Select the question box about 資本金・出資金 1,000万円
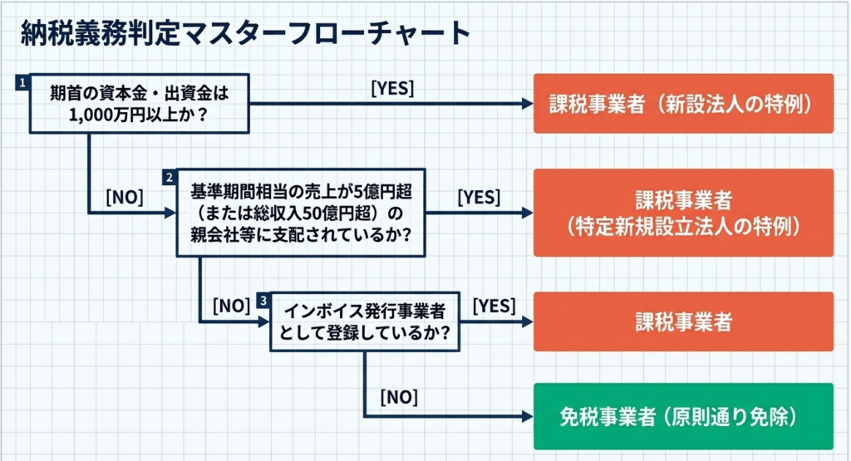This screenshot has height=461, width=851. (x=140, y=103)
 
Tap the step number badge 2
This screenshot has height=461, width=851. (x=170, y=178)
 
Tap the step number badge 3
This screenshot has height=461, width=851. (x=263, y=300)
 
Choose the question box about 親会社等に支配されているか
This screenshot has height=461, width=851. (x=302, y=213)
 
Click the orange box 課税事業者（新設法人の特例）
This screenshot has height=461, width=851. (x=682, y=104)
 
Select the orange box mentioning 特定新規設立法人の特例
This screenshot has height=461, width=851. (x=682, y=213)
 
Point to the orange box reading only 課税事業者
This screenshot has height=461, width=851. (x=682, y=321)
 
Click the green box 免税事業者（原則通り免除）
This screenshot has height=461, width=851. (x=682, y=415)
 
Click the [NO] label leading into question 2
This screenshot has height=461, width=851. (x=125, y=197)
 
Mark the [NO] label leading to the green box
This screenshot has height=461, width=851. (x=399, y=396)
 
